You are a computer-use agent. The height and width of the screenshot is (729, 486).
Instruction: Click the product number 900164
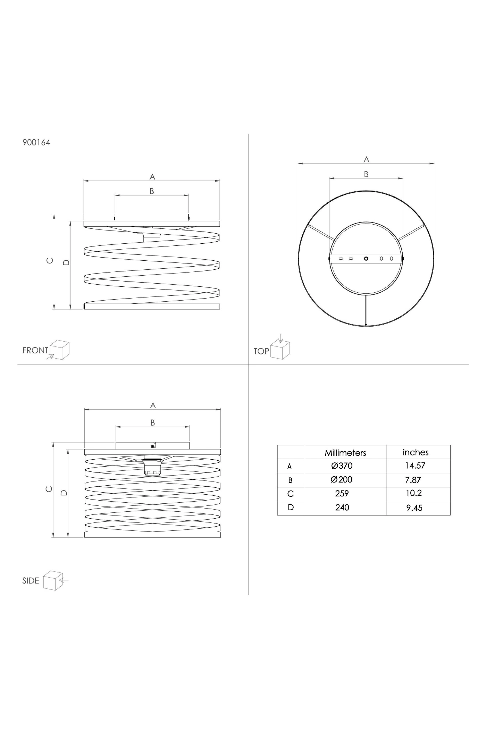[36, 143]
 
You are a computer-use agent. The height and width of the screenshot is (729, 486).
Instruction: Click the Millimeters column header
[345, 453]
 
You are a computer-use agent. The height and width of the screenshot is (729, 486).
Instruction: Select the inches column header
[416, 452]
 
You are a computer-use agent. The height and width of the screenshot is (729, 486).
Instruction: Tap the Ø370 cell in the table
[342, 466]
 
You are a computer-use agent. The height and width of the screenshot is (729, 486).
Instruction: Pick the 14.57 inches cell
[415, 466]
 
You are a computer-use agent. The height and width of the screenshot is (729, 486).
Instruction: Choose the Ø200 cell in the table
[342, 480]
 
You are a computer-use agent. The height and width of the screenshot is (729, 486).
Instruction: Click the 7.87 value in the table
[413, 480]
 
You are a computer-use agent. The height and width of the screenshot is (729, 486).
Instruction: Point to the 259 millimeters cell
[342, 494]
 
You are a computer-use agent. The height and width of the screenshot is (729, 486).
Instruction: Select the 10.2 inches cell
[414, 493]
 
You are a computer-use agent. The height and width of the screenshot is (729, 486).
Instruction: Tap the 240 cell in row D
[342, 508]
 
